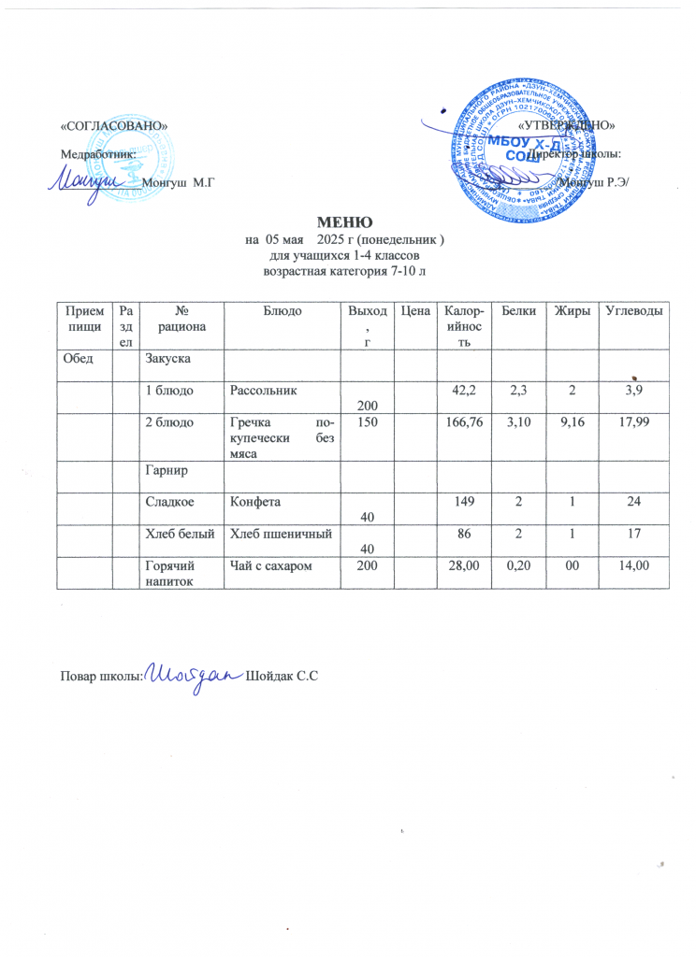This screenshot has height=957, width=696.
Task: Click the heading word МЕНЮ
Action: pyautogui.click(x=346, y=222)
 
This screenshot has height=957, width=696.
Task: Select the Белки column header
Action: pyautogui.click(x=513, y=309)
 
